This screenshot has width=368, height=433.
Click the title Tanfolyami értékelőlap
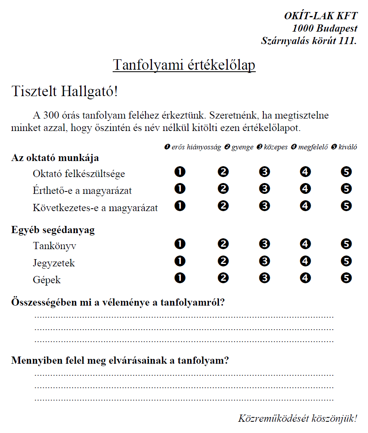tap(184, 65)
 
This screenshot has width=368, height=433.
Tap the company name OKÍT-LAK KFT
tap(320, 16)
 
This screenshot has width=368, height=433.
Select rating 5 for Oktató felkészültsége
tap(346, 172)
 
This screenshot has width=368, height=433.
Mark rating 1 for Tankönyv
tap(180, 244)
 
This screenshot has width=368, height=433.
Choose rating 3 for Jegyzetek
tap(264, 261)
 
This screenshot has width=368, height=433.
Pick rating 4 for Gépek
tap(305, 278)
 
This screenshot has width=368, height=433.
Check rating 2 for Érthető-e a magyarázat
tap(223, 189)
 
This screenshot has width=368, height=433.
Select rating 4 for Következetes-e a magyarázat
tap(305, 206)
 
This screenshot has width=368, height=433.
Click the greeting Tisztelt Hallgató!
tap(65, 91)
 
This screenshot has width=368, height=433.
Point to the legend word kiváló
tap(348, 147)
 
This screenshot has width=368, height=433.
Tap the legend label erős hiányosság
tap(196, 147)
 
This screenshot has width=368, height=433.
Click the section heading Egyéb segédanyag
tap(53, 230)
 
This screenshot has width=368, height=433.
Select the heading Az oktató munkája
tap(55, 158)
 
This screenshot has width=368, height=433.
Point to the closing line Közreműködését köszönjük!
tap(297, 419)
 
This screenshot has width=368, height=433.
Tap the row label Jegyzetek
tap(54, 263)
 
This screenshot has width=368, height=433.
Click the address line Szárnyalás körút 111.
tap(309, 40)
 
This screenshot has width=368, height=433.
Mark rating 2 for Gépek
tap(223, 278)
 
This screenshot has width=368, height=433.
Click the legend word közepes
tap(275, 147)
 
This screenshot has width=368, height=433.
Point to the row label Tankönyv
tap(55, 246)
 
